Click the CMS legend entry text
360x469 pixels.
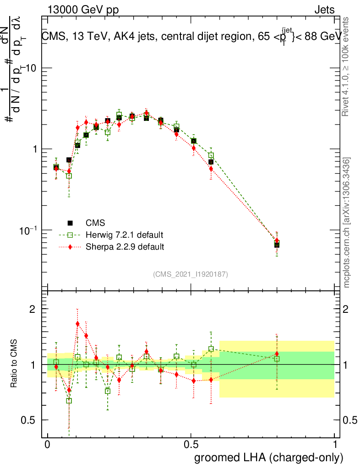point(95,223)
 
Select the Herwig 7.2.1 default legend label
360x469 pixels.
point(124,235)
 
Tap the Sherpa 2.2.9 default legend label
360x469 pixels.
point(125,247)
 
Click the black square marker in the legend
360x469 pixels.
point(70,223)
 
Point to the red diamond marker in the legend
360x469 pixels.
point(70,247)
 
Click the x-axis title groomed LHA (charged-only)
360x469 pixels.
point(269,457)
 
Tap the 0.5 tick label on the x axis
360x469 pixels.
point(191,445)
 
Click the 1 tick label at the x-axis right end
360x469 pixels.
point(335,445)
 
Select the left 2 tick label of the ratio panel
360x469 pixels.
point(33,309)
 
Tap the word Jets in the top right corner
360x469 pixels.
point(324,10)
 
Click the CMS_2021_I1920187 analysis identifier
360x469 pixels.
point(191,274)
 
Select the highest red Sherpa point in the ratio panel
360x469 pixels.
point(77,324)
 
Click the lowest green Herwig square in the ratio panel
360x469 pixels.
point(69,401)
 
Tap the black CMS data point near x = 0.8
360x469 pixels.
point(277,245)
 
